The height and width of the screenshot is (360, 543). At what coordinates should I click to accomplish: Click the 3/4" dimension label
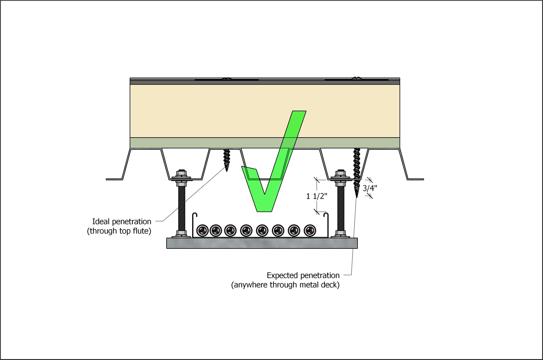tap(370, 188)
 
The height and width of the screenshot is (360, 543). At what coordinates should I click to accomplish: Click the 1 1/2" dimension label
tap(316, 196)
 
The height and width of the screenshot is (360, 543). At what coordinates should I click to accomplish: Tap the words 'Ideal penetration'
tap(121, 222)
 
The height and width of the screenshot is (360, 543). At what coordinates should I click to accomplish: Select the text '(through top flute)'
tap(119, 231)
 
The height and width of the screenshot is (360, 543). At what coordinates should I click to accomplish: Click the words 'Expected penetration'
tap(303, 275)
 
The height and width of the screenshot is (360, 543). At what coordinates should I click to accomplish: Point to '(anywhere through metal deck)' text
tap(285, 285)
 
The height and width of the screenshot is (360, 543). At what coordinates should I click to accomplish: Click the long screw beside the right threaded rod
tap(357, 171)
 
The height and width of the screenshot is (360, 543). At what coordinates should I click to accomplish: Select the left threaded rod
tap(181, 208)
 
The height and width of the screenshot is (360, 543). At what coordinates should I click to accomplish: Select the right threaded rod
tap(340, 208)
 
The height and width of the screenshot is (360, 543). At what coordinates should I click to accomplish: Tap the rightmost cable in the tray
tap(310, 230)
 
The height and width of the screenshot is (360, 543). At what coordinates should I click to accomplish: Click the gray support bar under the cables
tap(262, 243)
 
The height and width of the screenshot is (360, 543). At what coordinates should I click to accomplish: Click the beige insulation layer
tap(205, 111)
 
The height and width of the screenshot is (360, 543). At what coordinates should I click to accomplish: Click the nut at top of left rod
tap(182, 172)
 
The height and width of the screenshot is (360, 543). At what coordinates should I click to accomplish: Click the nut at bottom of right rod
tap(340, 234)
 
